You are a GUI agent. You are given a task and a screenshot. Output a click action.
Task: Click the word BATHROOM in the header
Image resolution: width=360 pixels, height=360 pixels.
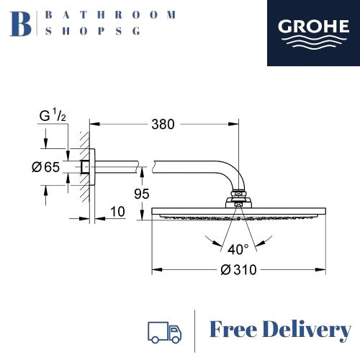109,14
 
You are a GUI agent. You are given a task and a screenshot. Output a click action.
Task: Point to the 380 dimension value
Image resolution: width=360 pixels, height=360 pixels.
163,125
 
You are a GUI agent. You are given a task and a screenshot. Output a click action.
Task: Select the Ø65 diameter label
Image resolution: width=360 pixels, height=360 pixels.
46,168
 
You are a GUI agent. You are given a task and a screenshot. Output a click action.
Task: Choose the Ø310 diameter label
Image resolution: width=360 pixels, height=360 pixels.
237,269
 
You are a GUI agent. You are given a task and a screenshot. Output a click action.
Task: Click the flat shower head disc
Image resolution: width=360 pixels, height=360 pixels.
237,212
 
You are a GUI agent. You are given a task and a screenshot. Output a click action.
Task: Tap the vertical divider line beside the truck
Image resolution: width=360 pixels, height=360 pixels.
195,331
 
